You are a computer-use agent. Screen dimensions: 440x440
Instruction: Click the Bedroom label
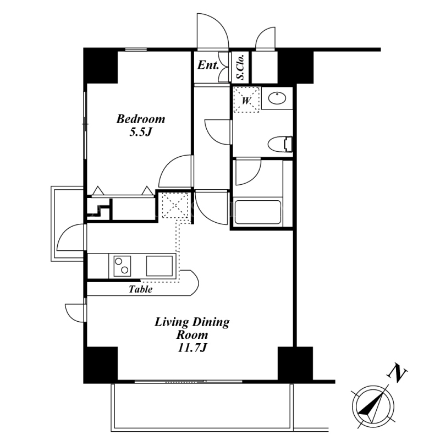141,119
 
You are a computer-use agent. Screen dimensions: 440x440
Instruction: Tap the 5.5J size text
140,132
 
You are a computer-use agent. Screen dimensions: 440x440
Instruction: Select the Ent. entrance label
208,65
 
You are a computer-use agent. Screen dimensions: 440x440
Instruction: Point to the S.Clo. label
240,67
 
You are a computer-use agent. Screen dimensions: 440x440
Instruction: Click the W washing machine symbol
246,100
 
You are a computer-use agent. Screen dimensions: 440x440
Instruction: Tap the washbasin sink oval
277,98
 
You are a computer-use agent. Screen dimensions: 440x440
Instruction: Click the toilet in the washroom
280,144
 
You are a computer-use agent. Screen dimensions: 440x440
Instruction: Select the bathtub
258,212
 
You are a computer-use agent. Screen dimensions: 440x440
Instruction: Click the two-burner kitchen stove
122,266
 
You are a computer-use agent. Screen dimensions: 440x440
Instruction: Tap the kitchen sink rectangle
159,266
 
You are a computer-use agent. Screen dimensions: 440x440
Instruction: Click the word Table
141,289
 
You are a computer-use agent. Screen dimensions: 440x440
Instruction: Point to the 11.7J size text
192,348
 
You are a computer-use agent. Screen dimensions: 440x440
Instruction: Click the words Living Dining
192,322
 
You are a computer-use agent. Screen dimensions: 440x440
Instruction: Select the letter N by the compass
397,373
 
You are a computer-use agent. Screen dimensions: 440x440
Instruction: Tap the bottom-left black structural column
101,365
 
